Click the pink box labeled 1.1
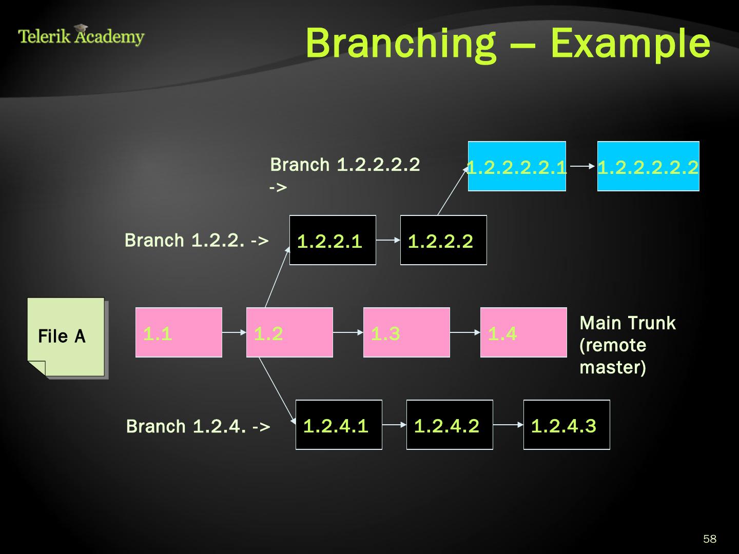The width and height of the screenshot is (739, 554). (x=179, y=332)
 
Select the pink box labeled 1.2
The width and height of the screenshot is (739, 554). (x=289, y=332)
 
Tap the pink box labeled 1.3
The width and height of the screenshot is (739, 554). (x=406, y=332)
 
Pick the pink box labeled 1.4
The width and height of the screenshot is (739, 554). (x=523, y=332)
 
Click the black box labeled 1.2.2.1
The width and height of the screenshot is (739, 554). (x=333, y=240)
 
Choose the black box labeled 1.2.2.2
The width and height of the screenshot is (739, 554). (x=443, y=240)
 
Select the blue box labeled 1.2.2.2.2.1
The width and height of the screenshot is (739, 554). (x=517, y=166)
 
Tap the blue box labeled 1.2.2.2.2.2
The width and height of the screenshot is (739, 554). (x=648, y=166)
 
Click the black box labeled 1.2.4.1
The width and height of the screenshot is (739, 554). (x=339, y=425)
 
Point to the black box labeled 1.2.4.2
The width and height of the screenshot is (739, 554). (x=450, y=425)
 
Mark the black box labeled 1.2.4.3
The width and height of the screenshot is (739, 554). (x=567, y=425)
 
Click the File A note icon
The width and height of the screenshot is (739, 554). (x=66, y=337)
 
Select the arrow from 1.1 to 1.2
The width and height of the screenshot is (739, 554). (x=234, y=332)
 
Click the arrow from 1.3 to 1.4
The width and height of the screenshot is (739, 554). (x=465, y=332)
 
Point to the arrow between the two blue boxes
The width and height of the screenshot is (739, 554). (x=581, y=166)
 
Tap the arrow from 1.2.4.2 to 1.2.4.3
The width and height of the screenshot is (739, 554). (x=508, y=425)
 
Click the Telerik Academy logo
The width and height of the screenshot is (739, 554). (x=81, y=36)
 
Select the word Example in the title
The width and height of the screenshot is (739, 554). (x=630, y=43)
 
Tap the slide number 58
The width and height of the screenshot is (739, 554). (x=710, y=539)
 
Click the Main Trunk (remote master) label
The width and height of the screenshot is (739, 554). (x=627, y=345)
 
